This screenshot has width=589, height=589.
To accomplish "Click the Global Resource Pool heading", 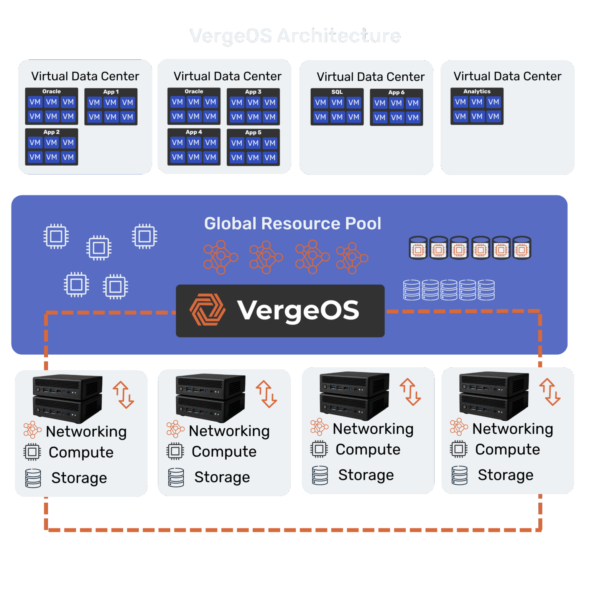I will (292, 224).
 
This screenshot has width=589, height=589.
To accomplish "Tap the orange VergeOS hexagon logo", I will (207, 310).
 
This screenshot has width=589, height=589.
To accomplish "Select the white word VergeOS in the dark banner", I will (298, 310).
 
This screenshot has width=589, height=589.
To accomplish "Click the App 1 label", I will (111, 92).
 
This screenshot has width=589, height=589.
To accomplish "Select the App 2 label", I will (51, 132).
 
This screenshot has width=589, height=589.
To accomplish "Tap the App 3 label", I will (253, 92).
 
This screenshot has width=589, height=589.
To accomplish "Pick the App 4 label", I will (194, 132).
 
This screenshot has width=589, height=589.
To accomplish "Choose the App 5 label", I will (253, 133).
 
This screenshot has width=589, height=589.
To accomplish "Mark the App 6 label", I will (396, 92).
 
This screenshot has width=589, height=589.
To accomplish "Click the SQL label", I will (337, 92).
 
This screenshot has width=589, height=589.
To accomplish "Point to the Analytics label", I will (477, 92).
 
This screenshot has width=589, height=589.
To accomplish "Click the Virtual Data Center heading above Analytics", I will (507, 76).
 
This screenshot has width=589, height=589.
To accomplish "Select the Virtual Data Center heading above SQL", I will (370, 77).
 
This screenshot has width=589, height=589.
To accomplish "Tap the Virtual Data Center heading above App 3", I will (227, 76).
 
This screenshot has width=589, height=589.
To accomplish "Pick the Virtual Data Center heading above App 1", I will (85, 76).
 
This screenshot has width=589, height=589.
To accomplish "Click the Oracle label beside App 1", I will (51, 92).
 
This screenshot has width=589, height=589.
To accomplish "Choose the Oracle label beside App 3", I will (194, 92).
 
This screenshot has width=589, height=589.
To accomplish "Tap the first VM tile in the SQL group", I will (320, 102).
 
